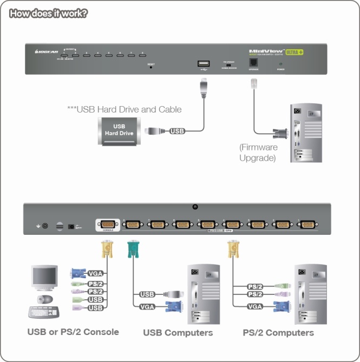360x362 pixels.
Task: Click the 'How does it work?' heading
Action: (x=48, y=13)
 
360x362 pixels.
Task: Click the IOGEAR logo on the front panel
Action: (x=43, y=52)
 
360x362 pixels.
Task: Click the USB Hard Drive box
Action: (x=119, y=130)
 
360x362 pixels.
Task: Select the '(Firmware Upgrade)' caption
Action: (x=258, y=153)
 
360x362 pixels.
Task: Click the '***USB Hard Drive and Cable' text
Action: (x=124, y=109)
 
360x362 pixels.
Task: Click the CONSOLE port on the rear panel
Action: (x=106, y=225)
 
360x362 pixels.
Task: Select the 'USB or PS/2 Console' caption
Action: (x=73, y=332)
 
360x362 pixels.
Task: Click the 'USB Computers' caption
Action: (x=178, y=332)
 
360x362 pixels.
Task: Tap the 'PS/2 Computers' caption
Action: (x=278, y=332)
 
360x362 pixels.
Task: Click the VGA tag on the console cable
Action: (x=95, y=274)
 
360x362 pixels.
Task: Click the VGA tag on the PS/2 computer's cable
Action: (x=256, y=306)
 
